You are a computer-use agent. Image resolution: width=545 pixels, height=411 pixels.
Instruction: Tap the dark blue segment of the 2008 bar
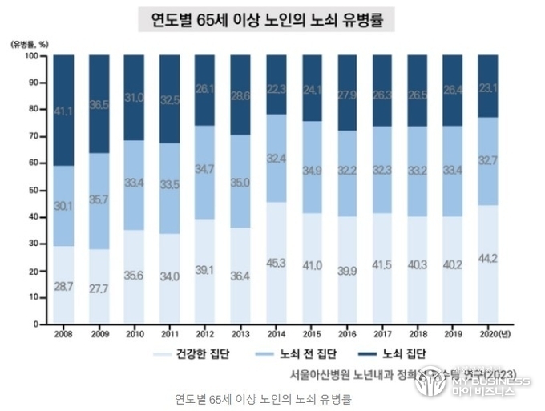pos(63,110)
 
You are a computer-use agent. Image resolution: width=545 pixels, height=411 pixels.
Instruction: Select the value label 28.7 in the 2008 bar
pos(63,286)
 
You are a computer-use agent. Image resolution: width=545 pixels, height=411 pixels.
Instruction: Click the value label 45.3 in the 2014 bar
pos(276,262)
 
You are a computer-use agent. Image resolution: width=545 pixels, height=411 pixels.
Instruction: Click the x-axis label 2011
pos(169,333)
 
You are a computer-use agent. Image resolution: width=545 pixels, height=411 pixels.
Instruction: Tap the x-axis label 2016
pos(346,333)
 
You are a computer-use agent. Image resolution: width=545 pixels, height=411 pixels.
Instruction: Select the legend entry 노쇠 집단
pos(398,353)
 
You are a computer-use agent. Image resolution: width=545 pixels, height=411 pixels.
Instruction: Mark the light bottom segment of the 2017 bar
pos(382,268)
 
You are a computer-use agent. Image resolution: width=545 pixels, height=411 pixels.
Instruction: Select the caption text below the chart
pos(262,398)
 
